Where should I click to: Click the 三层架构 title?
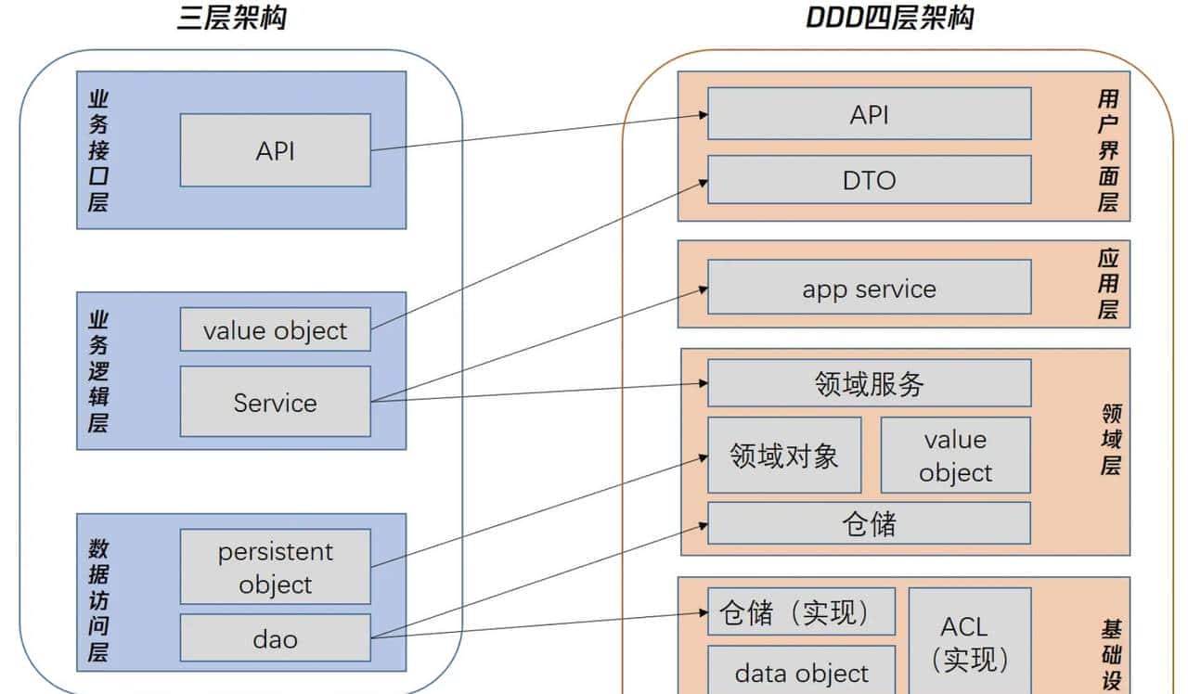click(232, 18)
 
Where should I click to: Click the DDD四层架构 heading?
click(889, 18)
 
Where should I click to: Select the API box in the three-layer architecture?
click(275, 150)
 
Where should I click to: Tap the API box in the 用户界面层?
click(869, 113)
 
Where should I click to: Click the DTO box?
click(869, 179)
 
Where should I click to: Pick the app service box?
click(869, 288)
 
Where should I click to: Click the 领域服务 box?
click(869, 383)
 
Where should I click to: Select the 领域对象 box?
click(784, 455)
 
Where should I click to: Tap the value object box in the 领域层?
click(955, 455)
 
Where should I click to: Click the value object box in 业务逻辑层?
click(275, 330)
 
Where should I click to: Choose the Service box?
click(275, 402)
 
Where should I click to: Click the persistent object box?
click(275, 567)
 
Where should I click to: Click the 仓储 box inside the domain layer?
click(869, 523)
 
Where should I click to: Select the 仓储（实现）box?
click(801, 611)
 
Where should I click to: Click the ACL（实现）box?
click(969, 642)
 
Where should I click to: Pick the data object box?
click(801, 672)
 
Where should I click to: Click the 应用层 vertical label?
click(1108, 284)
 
